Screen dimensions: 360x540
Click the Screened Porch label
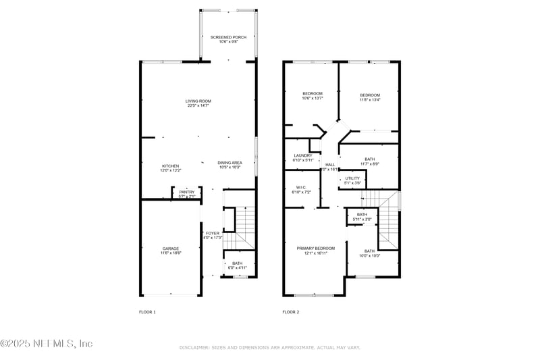(x=227, y=37)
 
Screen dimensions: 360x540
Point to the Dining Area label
(x=230, y=163)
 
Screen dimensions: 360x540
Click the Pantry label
(x=187, y=192)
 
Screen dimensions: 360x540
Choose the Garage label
(x=171, y=249)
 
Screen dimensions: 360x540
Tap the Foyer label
(x=213, y=234)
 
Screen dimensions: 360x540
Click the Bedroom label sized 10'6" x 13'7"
(x=312, y=94)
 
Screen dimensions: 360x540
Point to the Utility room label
(x=352, y=178)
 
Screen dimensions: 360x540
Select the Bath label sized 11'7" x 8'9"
(x=369, y=159)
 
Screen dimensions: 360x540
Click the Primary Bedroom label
(x=316, y=249)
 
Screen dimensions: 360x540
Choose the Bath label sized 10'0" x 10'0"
(x=369, y=251)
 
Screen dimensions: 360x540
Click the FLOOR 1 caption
(x=147, y=312)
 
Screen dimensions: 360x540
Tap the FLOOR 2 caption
(x=290, y=312)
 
